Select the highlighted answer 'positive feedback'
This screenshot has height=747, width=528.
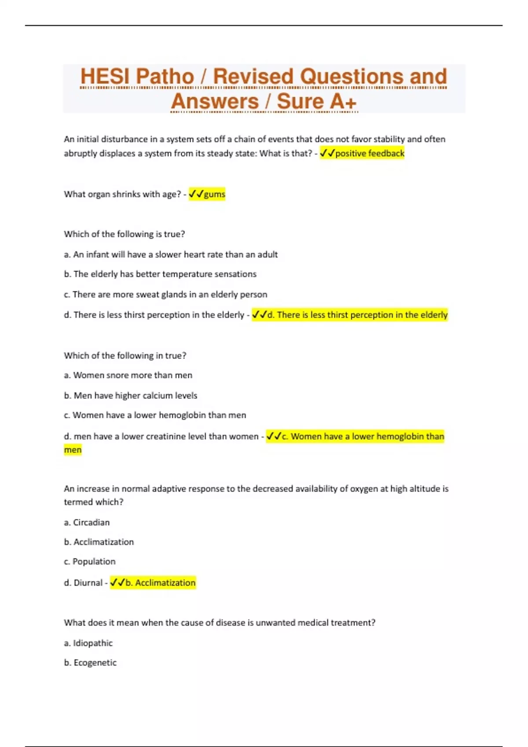click(369, 153)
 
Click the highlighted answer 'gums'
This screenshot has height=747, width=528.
click(214, 194)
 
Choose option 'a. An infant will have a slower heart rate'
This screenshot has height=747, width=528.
click(171, 254)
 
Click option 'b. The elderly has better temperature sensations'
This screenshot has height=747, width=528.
click(160, 274)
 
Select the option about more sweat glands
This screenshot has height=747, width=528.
click(165, 294)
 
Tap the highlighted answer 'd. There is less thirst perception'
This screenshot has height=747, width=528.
click(357, 315)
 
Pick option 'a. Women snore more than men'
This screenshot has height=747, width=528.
click(128, 375)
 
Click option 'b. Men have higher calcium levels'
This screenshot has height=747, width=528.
click(131, 395)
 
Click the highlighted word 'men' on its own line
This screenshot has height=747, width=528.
click(73, 450)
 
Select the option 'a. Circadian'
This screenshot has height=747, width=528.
click(87, 522)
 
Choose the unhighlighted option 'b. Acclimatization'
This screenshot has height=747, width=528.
click(99, 542)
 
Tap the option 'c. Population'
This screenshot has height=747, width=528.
click(90, 562)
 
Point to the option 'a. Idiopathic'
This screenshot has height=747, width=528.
click(88, 643)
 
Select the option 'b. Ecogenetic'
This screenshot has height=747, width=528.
click(90, 663)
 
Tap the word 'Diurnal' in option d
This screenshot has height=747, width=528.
click(88, 583)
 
